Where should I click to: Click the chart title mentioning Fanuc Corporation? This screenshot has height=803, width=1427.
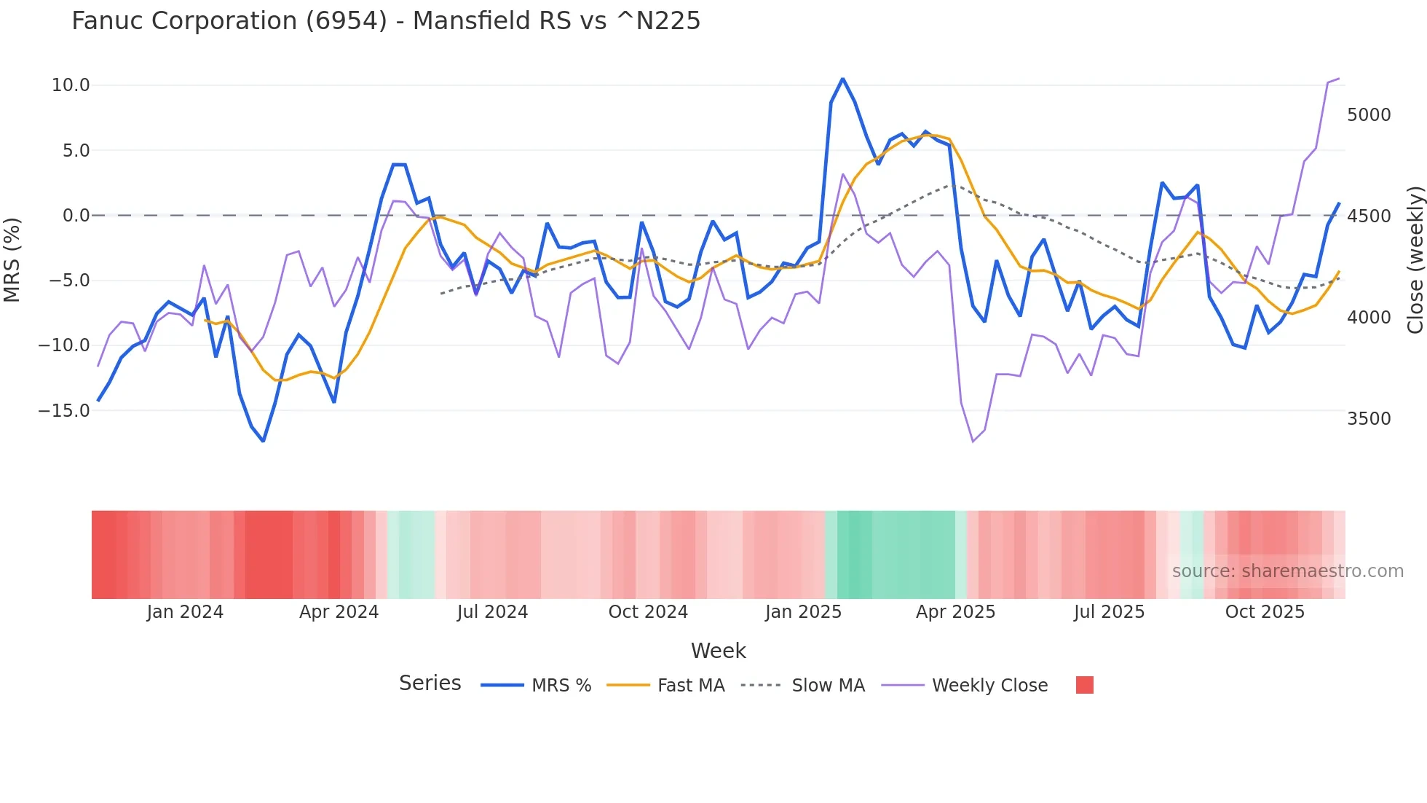coord(386,20)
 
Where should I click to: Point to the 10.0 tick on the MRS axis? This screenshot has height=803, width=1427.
coord(71,85)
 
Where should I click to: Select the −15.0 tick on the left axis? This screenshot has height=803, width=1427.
coord(64,411)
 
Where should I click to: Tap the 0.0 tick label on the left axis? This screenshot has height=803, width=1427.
coord(76,216)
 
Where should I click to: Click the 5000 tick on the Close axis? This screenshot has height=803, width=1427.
coord(1369,115)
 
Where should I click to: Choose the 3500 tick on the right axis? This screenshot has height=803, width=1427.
coord(1369,419)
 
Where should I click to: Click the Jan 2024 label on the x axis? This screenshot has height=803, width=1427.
coord(185,612)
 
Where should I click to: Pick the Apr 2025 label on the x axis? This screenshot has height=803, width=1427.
coord(955,612)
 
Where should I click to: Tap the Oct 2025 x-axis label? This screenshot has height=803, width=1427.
coord(1265,612)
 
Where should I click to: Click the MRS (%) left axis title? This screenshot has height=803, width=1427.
coord(12,259)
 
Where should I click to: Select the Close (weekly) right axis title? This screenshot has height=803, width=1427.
coord(1415,259)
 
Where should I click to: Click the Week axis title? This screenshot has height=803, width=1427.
coord(718,651)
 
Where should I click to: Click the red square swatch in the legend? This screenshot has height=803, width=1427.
coord(1084,685)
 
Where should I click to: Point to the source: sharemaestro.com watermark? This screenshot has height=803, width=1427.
coord(1287,571)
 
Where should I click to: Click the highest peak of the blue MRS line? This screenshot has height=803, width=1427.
coord(842,79)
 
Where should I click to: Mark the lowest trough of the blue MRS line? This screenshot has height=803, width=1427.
coord(263,441)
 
